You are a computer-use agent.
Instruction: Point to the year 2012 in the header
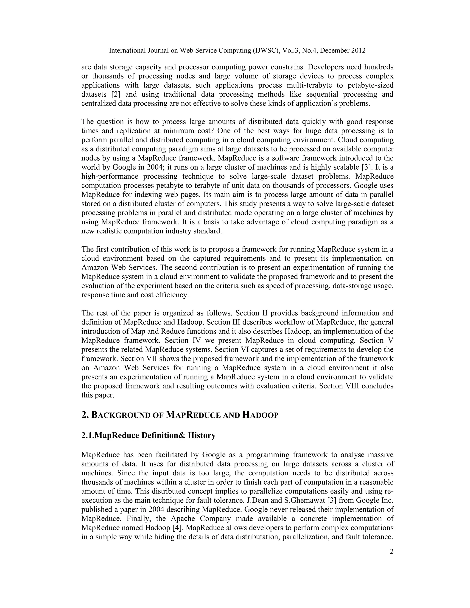pos(358,50)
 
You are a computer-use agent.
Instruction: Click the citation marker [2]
pos(116,94)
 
